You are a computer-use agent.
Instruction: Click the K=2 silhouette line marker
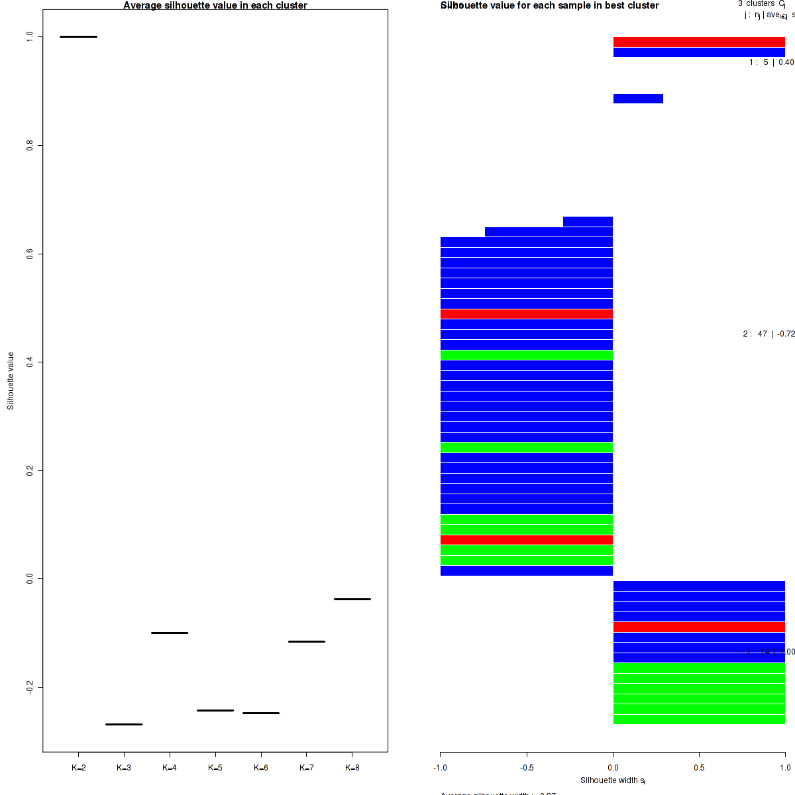(x=78, y=36)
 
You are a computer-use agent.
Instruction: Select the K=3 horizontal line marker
(x=124, y=724)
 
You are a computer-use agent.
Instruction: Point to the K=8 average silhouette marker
(x=352, y=599)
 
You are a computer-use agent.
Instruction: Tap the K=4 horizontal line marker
(x=170, y=633)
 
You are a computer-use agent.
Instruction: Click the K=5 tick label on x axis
(x=215, y=768)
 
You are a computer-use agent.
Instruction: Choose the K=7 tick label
(x=307, y=768)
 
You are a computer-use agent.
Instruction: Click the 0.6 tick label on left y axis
(x=30, y=254)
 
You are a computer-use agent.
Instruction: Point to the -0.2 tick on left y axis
(x=30, y=687)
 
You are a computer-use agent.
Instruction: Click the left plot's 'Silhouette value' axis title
(x=11, y=381)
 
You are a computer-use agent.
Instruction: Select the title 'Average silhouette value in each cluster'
(x=215, y=5)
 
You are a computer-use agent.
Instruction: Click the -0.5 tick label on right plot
(x=527, y=768)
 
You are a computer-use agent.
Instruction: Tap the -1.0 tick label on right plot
(x=441, y=768)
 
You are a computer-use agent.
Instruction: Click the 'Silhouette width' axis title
(x=613, y=780)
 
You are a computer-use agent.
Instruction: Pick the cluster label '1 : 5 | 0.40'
(x=771, y=62)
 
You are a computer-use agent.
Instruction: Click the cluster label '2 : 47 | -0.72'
(x=768, y=334)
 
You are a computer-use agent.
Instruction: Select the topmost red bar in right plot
(x=699, y=42)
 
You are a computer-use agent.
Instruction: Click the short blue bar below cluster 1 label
(x=638, y=99)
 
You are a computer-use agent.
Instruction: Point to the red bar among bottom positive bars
(x=699, y=627)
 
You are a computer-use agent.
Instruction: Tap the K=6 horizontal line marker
(x=261, y=713)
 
